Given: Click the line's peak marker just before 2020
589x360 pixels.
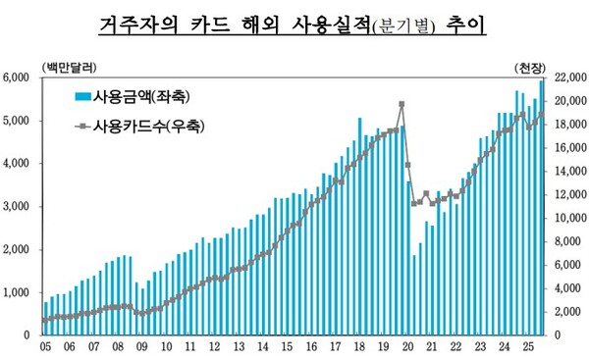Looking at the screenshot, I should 402,104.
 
